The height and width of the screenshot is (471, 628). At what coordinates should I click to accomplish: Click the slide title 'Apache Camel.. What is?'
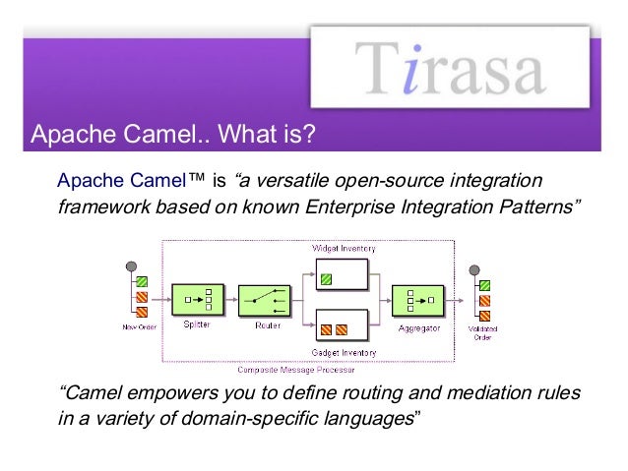tap(173, 133)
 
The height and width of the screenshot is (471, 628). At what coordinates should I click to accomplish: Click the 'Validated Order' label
tap(483, 332)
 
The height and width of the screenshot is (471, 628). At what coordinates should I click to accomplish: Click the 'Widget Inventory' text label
tap(343, 248)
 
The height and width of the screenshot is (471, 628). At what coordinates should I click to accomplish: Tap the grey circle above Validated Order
tap(473, 269)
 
